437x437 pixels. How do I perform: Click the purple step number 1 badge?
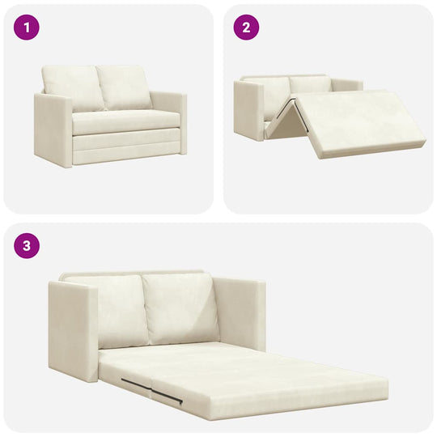pos(27,28)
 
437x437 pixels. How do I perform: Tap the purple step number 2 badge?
pos(247,28)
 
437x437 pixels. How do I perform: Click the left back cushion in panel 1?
pos(72,88)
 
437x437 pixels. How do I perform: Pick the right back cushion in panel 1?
pos(125,87)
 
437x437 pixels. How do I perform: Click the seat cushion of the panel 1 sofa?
pos(125,121)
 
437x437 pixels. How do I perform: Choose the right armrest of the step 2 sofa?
pos(346,85)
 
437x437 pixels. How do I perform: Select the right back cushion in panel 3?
pos(180,308)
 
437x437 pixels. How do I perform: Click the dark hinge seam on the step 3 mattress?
pos(154,389)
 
